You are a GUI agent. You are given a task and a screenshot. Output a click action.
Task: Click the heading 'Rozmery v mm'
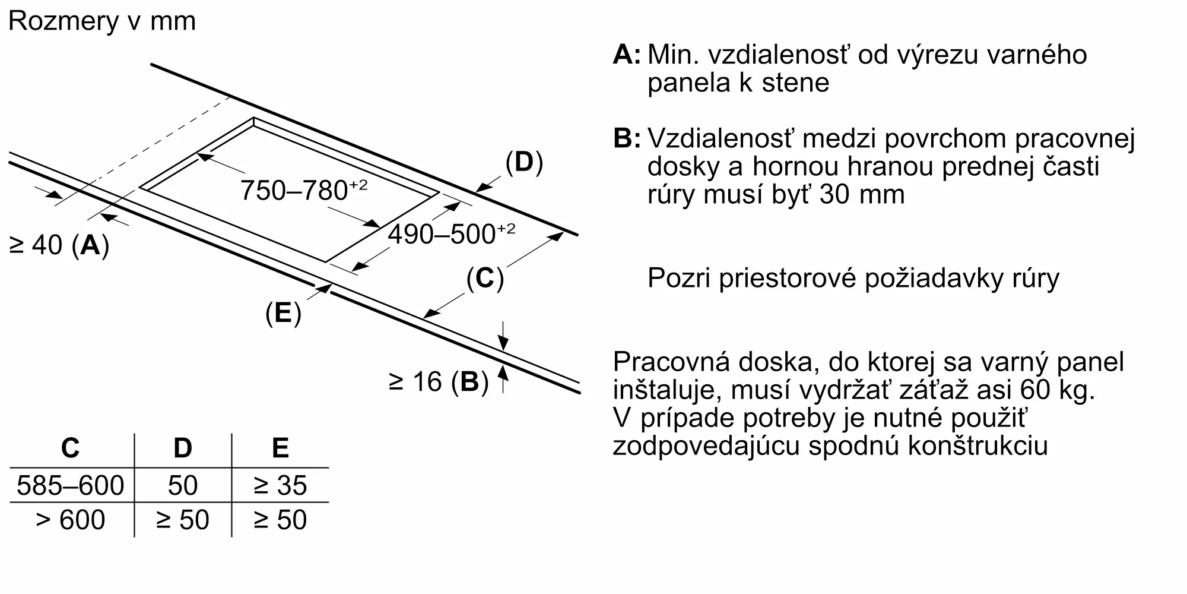(x=102, y=21)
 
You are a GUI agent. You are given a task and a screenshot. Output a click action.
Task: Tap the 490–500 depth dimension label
(x=452, y=234)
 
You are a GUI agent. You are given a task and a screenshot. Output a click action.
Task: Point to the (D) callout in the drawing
(x=524, y=162)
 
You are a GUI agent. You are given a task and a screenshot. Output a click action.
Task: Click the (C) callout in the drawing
(x=485, y=278)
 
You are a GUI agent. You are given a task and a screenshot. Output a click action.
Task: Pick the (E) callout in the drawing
(x=283, y=313)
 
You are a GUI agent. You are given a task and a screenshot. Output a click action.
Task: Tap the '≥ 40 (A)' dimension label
(x=59, y=245)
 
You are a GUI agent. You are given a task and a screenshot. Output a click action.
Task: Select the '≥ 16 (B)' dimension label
(x=439, y=381)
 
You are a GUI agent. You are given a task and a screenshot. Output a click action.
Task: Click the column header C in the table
(x=71, y=448)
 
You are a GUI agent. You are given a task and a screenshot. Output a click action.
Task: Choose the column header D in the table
(x=183, y=448)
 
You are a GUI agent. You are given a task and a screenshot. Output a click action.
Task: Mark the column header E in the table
(x=280, y=448)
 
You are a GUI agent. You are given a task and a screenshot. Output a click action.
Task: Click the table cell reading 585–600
(x=71, y=485)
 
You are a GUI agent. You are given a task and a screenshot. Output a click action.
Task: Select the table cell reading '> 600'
(x=71, y=520)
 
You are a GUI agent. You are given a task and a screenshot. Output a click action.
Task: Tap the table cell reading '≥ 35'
(x=280, y=485)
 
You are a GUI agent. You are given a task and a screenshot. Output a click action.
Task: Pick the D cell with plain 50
(x=183, y=485)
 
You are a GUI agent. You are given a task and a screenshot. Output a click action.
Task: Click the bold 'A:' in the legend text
(x=627, y=54)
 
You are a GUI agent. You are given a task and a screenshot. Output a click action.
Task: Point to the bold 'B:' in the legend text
(x=627, y=138)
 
